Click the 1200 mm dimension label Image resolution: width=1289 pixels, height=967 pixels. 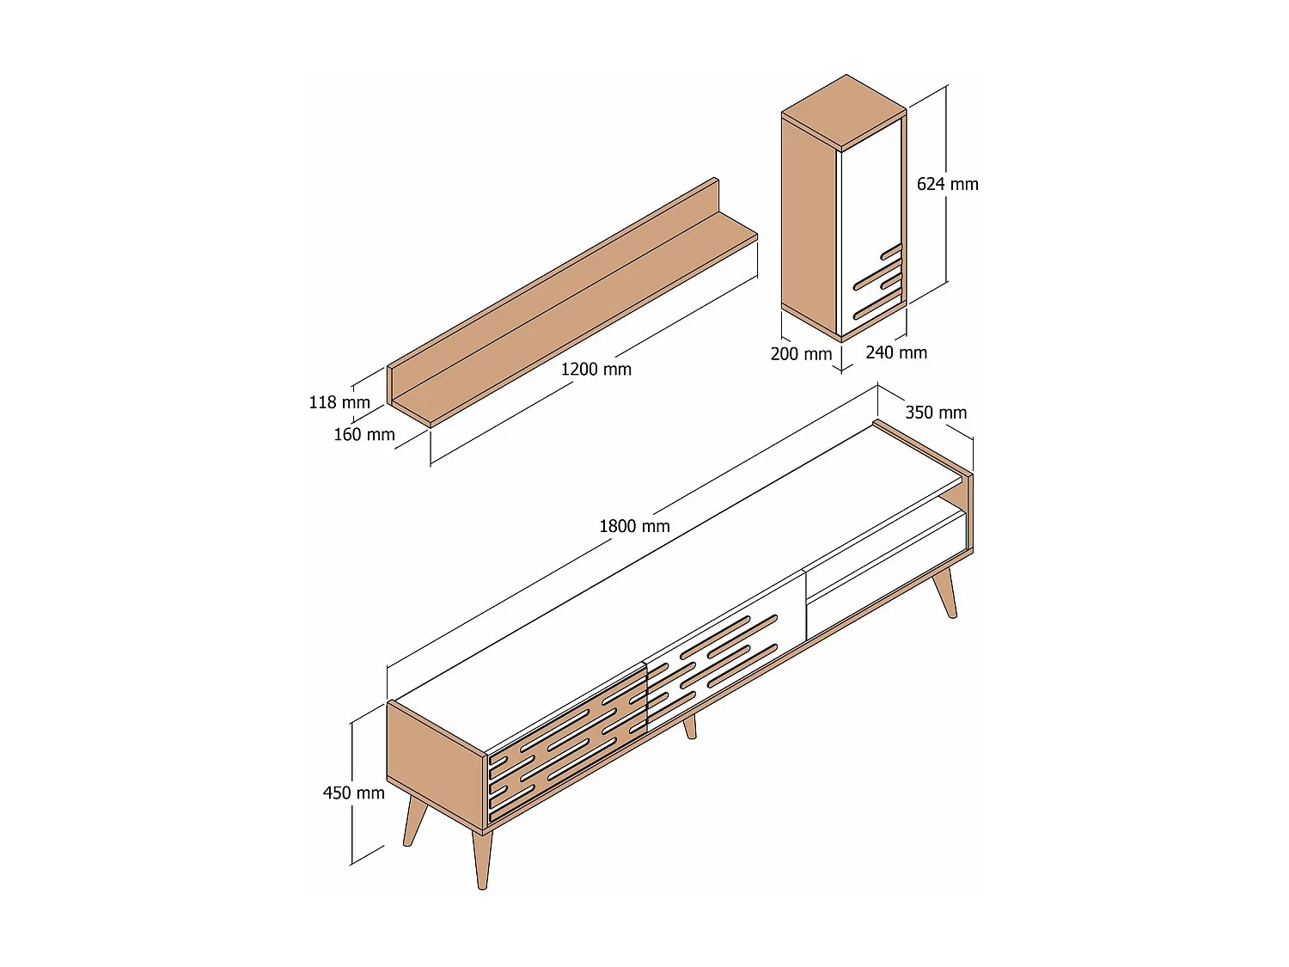click(596, 370)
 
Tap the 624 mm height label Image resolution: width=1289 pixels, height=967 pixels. click(947, 184)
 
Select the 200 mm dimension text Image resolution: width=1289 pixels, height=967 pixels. click(801, 354)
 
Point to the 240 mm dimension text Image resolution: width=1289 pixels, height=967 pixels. click(896, 352)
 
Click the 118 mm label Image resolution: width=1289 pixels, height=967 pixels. click(339, 402)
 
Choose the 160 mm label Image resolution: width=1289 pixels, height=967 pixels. click(364, 435)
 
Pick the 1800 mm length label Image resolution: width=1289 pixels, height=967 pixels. click(634, 526)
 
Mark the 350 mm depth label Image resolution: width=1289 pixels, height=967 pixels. click(936, 413)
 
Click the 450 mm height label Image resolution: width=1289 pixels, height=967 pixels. click(353, 793)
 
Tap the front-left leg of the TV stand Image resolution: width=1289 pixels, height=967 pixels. click(482, 860)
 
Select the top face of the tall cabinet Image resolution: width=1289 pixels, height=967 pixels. click(844, 112)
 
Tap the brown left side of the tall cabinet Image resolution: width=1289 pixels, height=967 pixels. click(809, 223)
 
